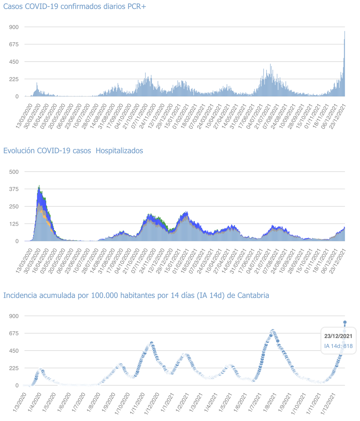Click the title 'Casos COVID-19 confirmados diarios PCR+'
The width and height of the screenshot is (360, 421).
pyautogui.click(x=75, y=6)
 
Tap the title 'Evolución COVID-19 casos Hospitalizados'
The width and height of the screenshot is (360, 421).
pyautogui.click(x=73, y=151)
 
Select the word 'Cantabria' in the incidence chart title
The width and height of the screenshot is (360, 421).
pyautogui.click(x=253, y=296)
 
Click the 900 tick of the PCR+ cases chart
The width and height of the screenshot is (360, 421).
pyautogui.click(x=14, y=27)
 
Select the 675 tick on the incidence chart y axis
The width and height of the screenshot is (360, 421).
pyautogui.click(x=14, y=333)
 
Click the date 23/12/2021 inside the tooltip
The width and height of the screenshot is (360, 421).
pyautogui.click(x=338, y=336)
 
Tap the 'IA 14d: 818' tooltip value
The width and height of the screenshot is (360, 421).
pyautogui.click(x=338, y=346)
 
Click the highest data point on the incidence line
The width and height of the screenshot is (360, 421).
pyautogui.click(x=345, y=322)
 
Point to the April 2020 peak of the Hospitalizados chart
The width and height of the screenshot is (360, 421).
pyautogui.click(x=39, y=186)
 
